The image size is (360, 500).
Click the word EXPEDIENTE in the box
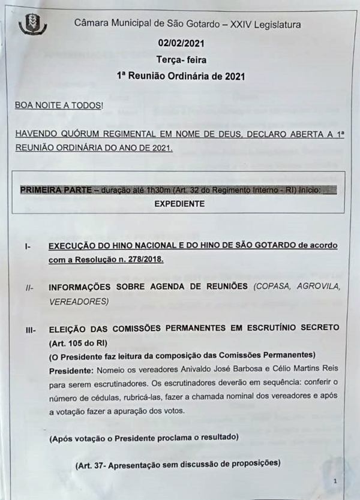tap(179, 204)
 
